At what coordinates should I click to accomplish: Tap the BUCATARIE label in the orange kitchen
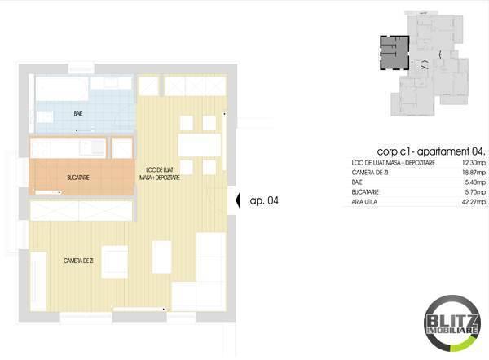coord(79,176)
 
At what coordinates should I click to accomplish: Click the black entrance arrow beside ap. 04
coord(235,200)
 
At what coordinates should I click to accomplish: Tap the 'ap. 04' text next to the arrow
coord(264,200)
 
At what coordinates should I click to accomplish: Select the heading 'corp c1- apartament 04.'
coord(432,151)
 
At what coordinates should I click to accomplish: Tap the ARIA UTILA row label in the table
coord(355,201)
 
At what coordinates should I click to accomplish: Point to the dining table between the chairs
coord(199,145)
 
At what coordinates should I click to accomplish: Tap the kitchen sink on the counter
coord(94,147)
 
